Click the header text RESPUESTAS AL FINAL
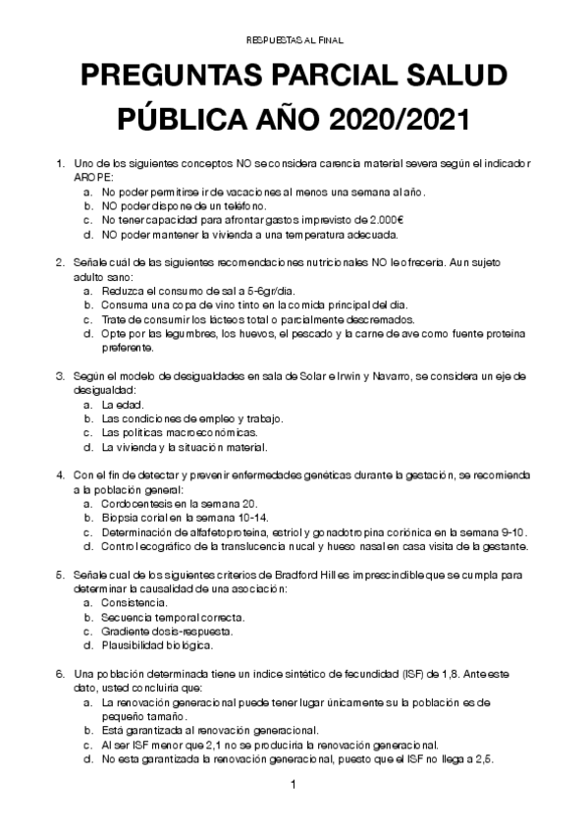[x=294, y=39]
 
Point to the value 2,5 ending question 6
[x=485, y=759]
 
